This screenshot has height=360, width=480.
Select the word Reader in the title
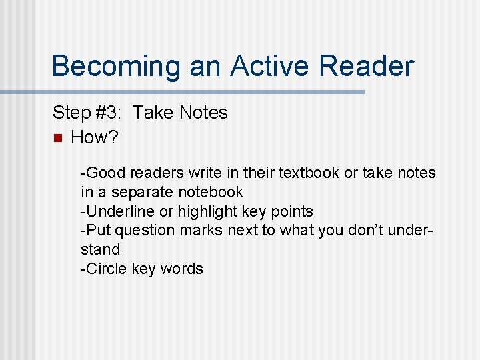point(366,67)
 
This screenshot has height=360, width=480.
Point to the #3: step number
point(109,113)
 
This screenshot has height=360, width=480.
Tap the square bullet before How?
point(57,138)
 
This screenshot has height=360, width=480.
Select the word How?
point(94,137)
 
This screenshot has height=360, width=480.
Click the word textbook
point(309,173)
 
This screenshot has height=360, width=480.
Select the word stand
point(100,249)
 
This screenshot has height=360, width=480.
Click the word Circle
point(105,269)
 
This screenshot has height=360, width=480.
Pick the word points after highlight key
point(291,211)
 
